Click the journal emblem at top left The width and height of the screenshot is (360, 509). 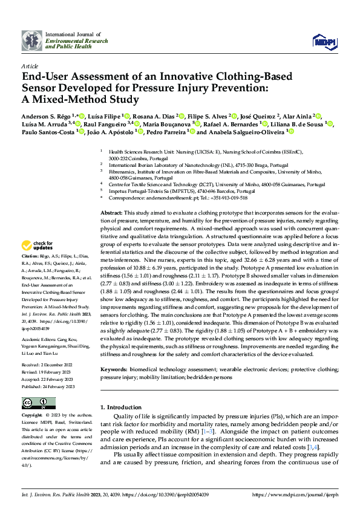point(31,41)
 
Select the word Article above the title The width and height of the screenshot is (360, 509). point(30,65)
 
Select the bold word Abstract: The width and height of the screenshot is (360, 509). point(111,213)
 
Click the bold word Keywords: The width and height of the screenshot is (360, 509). point(114,368)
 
